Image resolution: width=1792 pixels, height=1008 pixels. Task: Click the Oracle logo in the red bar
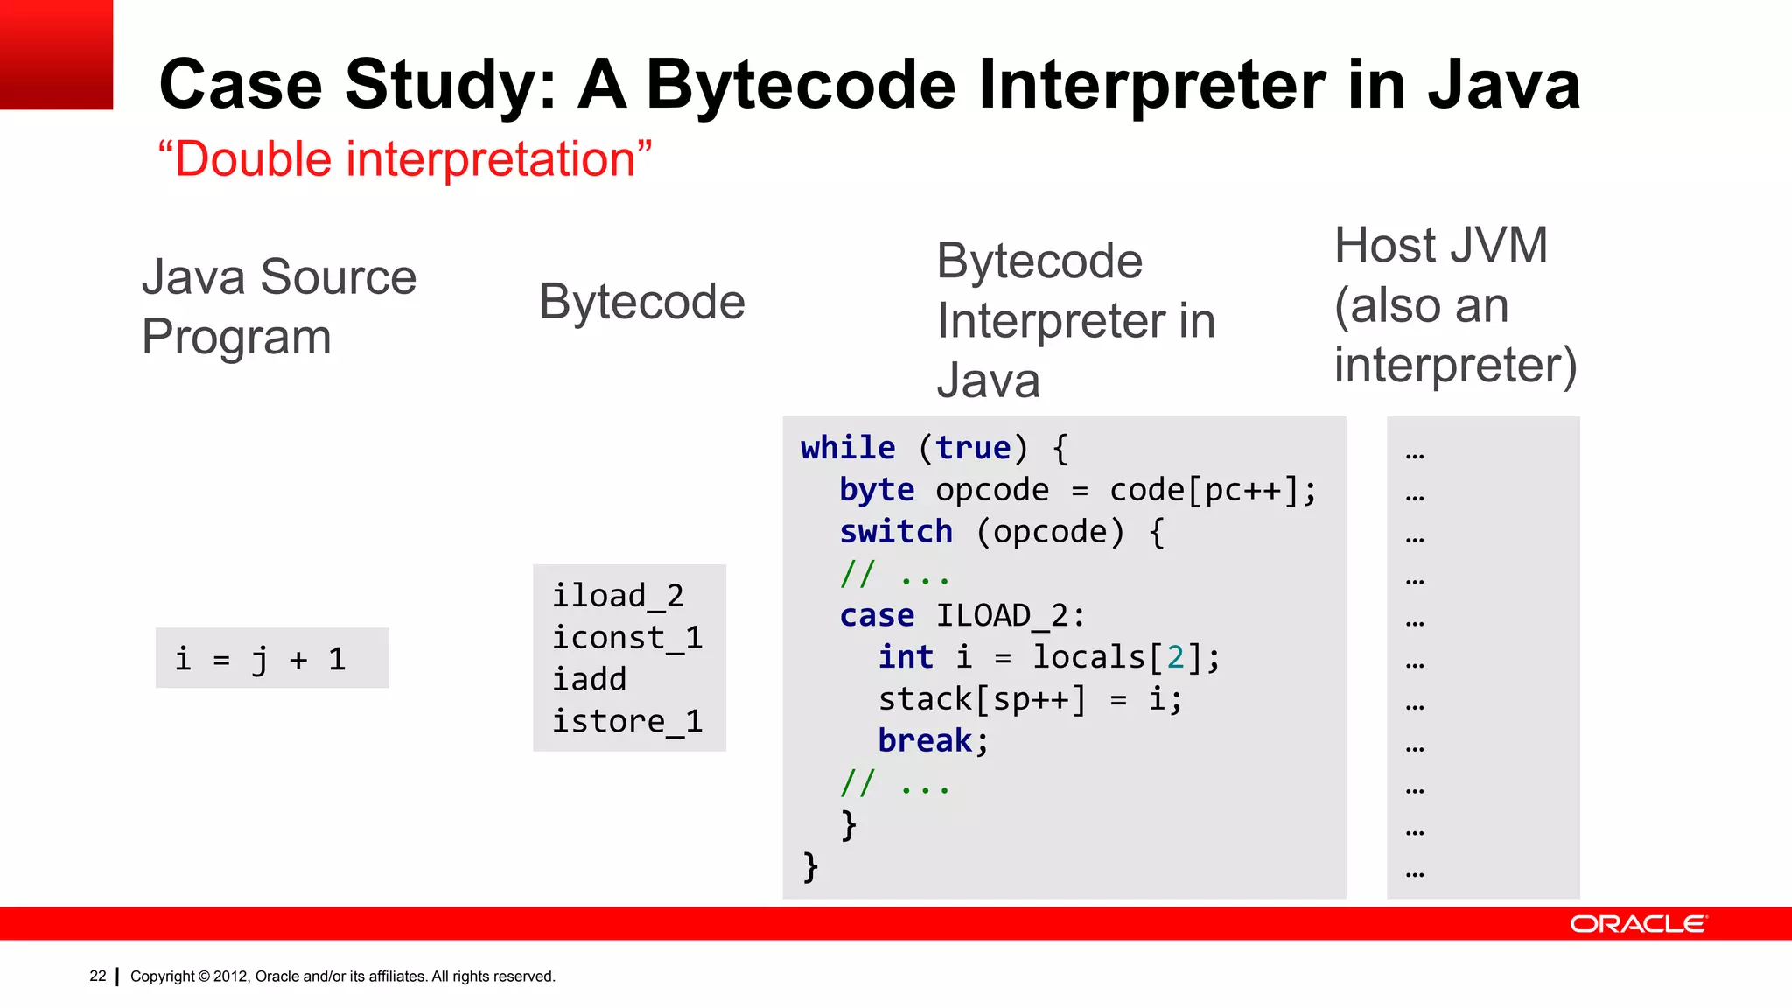(1637, 924)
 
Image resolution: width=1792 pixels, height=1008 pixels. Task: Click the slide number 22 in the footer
(97, 976)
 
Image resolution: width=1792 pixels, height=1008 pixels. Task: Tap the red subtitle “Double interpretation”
(404, 159)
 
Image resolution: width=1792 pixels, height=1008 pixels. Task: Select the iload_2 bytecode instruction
(618, 596)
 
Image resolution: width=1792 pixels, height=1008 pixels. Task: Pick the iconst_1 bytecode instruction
(626, 638)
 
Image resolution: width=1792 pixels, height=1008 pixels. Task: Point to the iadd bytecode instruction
(589, 679)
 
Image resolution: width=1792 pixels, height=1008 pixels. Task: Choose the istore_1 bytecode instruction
(626, 721)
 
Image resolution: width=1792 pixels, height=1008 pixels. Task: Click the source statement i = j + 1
(261, 659)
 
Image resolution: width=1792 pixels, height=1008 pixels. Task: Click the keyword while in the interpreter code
(847, 448)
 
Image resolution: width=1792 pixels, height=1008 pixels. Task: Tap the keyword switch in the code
(895, 532)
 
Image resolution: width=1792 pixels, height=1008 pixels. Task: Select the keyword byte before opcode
(876, 490)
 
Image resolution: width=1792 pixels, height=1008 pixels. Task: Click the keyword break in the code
(925, 741)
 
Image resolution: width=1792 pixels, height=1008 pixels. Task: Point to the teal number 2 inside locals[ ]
(1175, 657)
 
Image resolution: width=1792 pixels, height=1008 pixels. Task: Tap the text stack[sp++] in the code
(982, 699)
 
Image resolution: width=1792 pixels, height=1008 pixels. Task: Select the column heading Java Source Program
(278, 306)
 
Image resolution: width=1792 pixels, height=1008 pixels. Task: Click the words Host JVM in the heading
(1440, 246)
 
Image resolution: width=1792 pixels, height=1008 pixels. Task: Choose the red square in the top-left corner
(56, 54)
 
